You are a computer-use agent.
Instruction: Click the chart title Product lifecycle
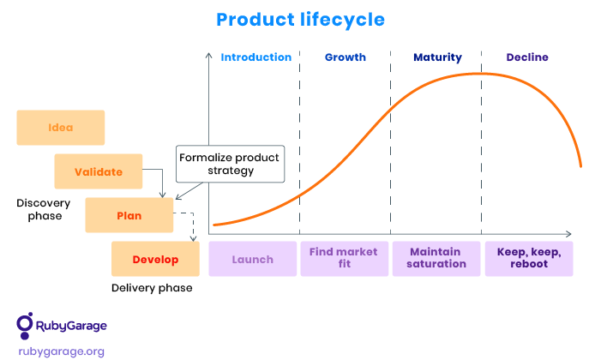[x=300, y=20]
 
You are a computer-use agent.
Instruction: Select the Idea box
[x=61, y=128]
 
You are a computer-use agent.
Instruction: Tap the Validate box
[x=99, y=171]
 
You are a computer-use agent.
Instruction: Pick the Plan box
[x=129, y=215]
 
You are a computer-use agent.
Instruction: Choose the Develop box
[x=156, y=259]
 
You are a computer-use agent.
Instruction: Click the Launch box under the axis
[x=253, y=259]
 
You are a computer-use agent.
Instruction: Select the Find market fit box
[x=344, y=259]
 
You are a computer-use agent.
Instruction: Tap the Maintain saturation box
[x=436, y=259]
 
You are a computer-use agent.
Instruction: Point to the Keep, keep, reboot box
[x=529, y=259]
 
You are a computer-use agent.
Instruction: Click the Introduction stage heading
[x=256, y=57]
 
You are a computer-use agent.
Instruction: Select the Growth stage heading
[x=346, y=57]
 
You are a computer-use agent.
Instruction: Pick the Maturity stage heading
[x=438, y=57]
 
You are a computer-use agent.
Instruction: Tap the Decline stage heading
[x=527, y=57]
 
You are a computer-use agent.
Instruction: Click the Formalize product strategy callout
[x=231, y=164]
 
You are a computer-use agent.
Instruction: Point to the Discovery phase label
[x=44, y=209]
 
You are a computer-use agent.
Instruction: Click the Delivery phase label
[x=152, y=288]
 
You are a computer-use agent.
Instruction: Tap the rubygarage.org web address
[x=62, y=351]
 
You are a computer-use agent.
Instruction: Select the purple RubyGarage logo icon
[x=25, y=326]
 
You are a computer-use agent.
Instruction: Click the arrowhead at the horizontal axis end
[x=568, y=234]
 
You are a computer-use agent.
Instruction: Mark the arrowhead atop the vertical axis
[x=209, y=55]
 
